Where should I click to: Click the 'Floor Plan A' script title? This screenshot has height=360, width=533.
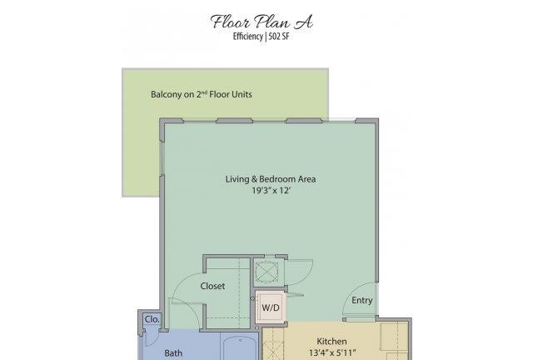[262, 22]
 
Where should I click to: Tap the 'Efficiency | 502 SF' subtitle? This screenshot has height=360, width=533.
[261, 37]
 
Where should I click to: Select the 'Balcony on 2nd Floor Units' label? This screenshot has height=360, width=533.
[202, 94]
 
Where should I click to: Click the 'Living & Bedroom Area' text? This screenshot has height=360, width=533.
[271, 179]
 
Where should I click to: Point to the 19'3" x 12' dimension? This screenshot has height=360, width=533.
[271, 190]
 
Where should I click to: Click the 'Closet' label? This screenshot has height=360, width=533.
[212, 286]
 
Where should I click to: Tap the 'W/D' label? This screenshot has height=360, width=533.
[271, 308]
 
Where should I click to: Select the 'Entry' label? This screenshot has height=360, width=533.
[362, 301]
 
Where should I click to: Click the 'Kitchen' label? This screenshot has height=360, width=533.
[331, 342]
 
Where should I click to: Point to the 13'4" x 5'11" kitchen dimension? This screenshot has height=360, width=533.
[332, 352]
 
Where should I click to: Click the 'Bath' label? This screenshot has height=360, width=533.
[173, 353]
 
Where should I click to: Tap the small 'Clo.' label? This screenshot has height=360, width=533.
[152, 319]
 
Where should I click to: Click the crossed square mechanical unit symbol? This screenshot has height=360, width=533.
[266, 271]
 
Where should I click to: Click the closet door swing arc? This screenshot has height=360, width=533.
[181, 282]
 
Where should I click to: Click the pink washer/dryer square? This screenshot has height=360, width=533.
[270, 307]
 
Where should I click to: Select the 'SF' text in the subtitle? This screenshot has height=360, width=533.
[285, 37]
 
